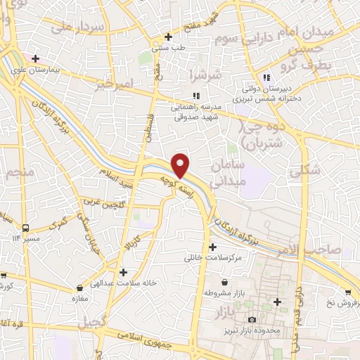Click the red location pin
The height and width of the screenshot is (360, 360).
[181, 165]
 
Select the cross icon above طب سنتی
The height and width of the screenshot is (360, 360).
[168, 37]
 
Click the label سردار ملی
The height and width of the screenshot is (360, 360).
[83, 27]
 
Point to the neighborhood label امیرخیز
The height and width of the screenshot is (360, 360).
[112, 84]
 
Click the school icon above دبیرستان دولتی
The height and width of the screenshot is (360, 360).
[265, 78]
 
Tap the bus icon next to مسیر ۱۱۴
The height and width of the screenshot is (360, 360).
[25, 228]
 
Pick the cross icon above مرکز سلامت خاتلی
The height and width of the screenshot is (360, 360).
[212, 246]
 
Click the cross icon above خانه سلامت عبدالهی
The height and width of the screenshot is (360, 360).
[123, 271]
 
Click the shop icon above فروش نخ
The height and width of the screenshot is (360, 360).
[347, 292]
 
